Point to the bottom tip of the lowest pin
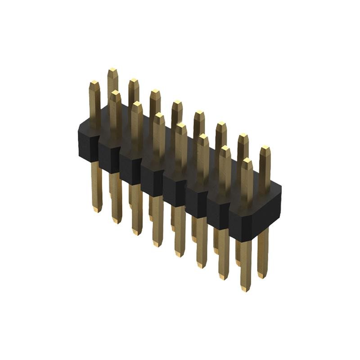245,288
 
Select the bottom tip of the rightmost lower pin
262,275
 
